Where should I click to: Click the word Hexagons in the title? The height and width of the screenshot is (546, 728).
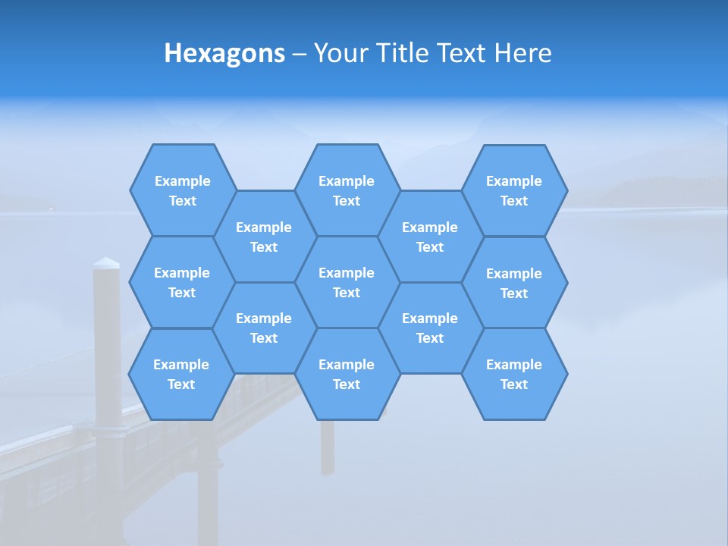tap(224, 53)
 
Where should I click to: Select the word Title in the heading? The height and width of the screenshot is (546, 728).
tap(402, 53)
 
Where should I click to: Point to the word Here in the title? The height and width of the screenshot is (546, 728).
tap(522, 53)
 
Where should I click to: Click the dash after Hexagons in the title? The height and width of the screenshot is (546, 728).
tap(299, 54)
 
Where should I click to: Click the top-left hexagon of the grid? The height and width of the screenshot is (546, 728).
tap(183, 190)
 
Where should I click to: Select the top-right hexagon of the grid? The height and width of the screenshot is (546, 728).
tap(514, 190)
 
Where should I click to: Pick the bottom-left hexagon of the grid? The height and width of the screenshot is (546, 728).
tap(181, 374)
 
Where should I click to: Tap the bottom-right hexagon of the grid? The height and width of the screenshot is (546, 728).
tap(514, 374)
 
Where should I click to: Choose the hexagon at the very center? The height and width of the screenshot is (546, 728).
tap(347, 282)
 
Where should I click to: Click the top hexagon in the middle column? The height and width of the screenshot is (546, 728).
tap(347, 190)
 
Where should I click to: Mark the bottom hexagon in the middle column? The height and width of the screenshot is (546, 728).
tap(347, 374)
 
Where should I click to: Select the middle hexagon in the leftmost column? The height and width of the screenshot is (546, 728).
tap(182, 282)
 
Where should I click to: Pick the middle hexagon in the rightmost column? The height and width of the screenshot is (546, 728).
tap(514, 283)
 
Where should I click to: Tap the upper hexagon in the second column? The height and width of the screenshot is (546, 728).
tap(264, 237)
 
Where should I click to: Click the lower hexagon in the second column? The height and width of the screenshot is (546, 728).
tap(264, 328)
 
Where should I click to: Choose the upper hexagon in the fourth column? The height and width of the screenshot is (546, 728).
tap(430, 237)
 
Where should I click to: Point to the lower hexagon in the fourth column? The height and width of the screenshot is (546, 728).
tap(430, 328)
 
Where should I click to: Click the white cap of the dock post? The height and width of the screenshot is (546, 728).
tap(106, 263)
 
